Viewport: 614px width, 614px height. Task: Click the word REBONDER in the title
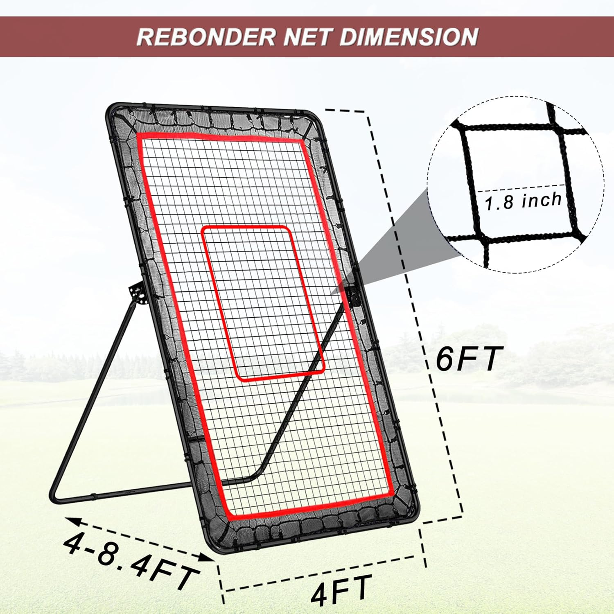coord(206,36)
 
